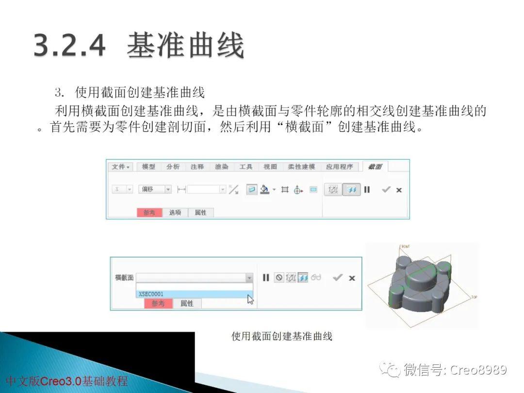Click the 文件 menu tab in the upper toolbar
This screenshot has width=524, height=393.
pos(120,167)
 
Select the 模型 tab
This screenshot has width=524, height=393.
pos(148,167)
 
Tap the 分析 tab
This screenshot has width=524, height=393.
pos(173,167)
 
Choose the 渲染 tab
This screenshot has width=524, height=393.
pos(221,167)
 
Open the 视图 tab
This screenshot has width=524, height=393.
pos(270,167)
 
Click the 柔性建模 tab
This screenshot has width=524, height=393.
pos(301,167)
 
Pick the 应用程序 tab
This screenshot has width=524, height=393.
pos(339,167)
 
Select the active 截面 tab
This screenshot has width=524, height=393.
pos(375,167)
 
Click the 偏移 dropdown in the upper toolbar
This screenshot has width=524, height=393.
pos(155,190)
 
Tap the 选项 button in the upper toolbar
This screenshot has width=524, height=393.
pos(175,213)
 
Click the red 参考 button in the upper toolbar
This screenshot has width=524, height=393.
pos(149,213)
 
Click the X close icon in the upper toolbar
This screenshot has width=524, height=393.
pos(399,190)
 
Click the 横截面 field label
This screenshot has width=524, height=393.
pos(124,278)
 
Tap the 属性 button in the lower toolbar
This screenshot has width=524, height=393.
pos(187,303)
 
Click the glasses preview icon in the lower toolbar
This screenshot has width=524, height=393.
pos(316,278)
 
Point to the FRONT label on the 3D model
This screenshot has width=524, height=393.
pos(405,246)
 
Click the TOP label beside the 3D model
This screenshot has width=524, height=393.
pos(474,297)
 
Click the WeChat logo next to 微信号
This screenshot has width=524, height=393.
pos(391,370)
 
